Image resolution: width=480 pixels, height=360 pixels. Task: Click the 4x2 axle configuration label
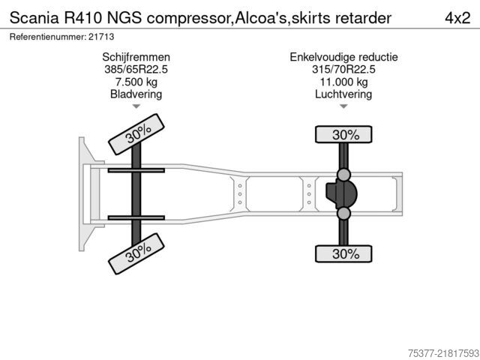pyautogui.click(x=457, y=18)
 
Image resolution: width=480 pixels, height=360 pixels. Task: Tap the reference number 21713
pyautogui.click(x=101, y=37)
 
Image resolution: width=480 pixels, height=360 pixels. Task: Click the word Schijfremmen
pyautogui.click(x=136, y=57)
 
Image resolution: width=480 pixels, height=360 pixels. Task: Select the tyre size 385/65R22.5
pyautogui.click(x=136, y=70)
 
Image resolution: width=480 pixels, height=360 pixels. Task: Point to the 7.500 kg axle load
pyautogui.click(x=136, y=82)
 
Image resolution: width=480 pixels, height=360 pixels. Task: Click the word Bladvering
pyautogui.click(x=136, y=94)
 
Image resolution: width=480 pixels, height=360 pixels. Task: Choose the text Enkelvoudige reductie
pyautogui.click(x=343, y=57)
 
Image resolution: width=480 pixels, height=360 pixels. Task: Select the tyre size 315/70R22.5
pyautogui.click(x=343, y=70)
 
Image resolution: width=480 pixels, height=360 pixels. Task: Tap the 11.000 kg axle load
pyautogui.click(x=343, y=82)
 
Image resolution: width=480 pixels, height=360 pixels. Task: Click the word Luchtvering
pyautogui.click(x=343, y=94)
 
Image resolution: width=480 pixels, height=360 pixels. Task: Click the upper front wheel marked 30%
pyautogui.click(x=136, y=134)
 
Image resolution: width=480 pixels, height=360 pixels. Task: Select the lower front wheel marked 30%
pyautogui.click(x=136, y=253)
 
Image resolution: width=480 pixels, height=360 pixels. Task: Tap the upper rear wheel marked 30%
pyautogui.click(x=343, y=134)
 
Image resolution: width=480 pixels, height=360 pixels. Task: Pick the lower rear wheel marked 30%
pyautogui.click(x=343, y=253)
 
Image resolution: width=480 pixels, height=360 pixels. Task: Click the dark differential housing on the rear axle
pyautogui.click(x=341, y=193)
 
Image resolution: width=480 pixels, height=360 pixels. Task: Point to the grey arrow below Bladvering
pyautogui.click(x=136, y=106)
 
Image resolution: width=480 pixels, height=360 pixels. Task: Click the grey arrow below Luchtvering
pyautogui.click(x=343, y=106)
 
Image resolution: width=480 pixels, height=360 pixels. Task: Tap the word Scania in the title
pyautogui.click(x=34, y=18)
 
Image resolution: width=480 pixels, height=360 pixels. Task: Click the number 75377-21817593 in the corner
pyautogui.click(x=443, y=353)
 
